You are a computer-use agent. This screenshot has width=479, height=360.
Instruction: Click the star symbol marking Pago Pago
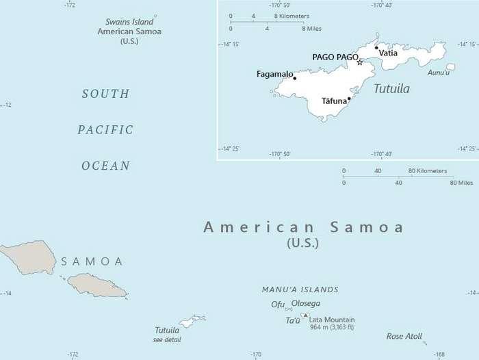pyautogui.click(x=360, y=62)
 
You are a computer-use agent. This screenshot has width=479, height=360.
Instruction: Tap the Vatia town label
pyautogui.click(x=388, y=53)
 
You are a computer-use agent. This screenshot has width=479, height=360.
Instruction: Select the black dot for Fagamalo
pyautogui.click(x=295, y=78)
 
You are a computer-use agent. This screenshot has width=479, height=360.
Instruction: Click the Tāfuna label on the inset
pyautogui.click(x=334, y=101)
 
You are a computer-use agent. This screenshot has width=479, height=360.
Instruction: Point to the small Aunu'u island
pyautogui.click(x=450, y=67)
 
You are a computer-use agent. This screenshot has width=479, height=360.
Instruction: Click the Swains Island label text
pyautogui.click(x=129, y=22)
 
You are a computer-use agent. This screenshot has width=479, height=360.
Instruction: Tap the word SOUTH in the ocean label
pyautogui.click(x=105, y=94)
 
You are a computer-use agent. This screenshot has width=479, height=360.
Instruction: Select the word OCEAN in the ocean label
pyautogui.click(x=105, y=166)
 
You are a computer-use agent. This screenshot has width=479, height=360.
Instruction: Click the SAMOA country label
pyautogui.click(x=92, y=261)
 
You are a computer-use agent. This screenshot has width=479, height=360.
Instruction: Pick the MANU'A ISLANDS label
pyautogui.click(x=300, y=290)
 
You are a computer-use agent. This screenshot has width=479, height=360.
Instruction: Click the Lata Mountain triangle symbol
pyautogui.click(x=305, y=316)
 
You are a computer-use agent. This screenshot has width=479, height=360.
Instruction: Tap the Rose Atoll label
pyautogui.click(x=404, y=336)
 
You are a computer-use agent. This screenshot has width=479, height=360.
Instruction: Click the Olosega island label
pyautogui.click(x=306, y=304)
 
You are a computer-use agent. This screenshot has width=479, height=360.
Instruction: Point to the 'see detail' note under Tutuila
pyautogui.click(x=168, y=339)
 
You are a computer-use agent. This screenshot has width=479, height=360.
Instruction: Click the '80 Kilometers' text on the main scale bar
pyautogui.click(x=428, y=170)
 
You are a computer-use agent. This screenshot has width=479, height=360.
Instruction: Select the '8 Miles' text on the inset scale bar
pyautogui.click(x=313, y=29)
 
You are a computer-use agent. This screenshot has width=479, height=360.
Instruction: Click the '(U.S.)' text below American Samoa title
pyautogui.click(x=302, y=243)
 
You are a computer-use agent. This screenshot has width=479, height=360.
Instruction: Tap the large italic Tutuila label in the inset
pyautogui.click(x=391, y=89)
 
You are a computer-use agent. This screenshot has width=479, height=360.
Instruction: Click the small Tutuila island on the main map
pyautogui.click(x=192, y=320)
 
